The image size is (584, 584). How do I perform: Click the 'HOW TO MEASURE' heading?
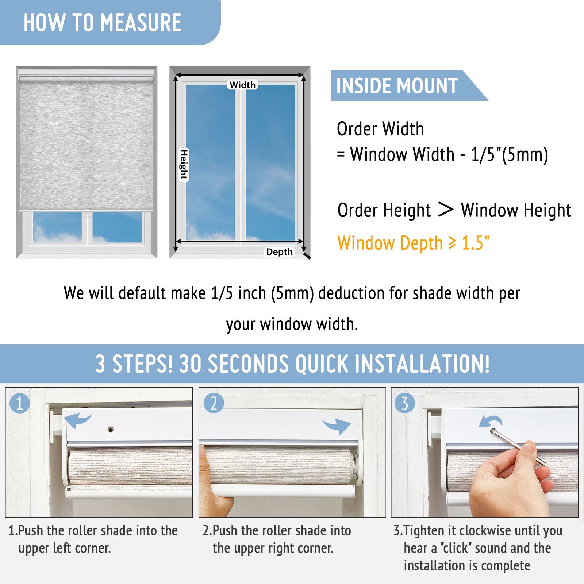tap(102, 23)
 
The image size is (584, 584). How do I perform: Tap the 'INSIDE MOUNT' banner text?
tap(397, 86)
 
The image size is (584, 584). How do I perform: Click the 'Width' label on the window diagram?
tap(242, 85)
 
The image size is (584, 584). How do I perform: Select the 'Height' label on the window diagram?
tap(184, 165)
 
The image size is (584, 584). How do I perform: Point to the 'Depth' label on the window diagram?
tap(279, 252)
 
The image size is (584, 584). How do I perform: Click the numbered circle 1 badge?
tap(20, 403)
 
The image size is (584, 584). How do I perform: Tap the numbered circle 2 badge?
tap(214, 403)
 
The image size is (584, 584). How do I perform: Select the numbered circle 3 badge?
tap(405, 403)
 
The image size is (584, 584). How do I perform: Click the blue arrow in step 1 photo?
tap(77, 420)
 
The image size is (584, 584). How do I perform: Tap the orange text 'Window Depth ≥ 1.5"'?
tap(413, 243)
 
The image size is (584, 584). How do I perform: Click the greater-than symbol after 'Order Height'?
tap(446, 210)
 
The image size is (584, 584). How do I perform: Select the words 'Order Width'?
tap(380, 129)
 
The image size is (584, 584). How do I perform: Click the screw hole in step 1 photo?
tap(110, 429)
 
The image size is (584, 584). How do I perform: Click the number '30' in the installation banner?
tap(190, 364)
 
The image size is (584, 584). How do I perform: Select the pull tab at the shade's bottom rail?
tap(87, 215)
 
